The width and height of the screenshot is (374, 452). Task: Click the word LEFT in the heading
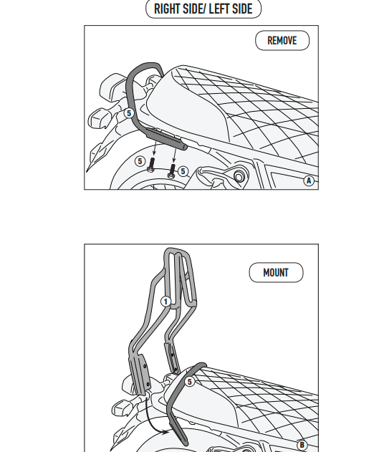tap(219, 9)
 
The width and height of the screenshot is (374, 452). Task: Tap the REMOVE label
tap(282, 41)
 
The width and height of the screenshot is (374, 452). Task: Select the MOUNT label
tap(276, 272)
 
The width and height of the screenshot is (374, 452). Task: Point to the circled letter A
tap(309, 181)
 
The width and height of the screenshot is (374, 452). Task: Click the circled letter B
tap(302, 445)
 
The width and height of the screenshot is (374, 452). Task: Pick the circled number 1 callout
tap(166, 302)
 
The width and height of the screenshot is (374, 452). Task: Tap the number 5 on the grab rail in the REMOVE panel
tap(129, 113)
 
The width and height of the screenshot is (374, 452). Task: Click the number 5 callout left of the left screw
tap(140, 161)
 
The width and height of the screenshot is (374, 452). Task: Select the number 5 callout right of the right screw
tap(183, 171)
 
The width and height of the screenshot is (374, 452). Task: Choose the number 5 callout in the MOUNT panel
tap(189, 382)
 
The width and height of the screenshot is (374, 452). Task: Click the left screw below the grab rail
tap(151, 165)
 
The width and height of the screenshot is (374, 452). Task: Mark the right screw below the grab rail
tap(171, 171)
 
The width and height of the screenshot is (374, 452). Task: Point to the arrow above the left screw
tap(155, 148)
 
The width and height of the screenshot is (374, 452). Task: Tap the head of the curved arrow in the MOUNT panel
tap(166, 432)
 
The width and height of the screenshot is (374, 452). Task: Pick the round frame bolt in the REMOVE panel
tap(239, 176)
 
